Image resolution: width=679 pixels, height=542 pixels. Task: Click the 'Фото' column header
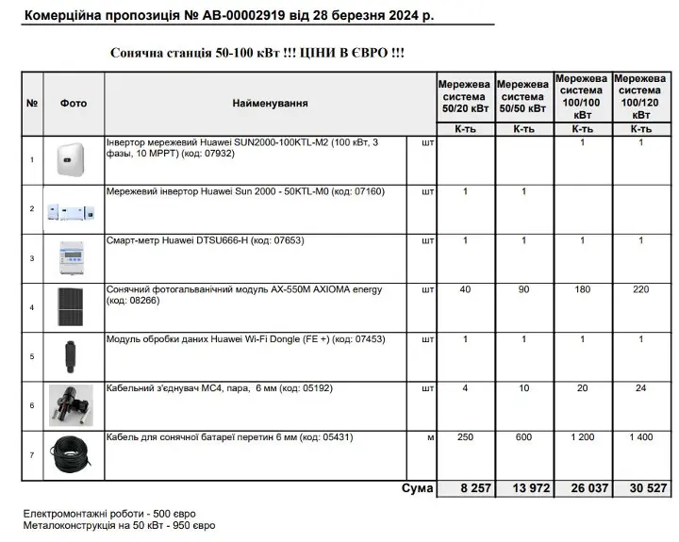point(74,103)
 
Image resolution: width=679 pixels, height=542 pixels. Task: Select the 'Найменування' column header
point(270,103)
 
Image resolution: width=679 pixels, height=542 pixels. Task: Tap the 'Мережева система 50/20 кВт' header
point(464,97)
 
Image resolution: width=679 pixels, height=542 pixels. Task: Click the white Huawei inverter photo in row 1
point(72,158)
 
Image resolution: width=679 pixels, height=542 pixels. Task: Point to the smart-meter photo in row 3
point(73,257)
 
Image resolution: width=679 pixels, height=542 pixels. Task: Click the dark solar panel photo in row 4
point(72,306)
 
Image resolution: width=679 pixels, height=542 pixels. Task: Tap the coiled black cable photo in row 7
point(73,455)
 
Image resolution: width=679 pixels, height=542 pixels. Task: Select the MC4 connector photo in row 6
point(72,404)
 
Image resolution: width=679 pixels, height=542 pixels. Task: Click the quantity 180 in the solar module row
point(583,290)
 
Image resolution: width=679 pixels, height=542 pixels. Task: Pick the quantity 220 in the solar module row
point(641,290)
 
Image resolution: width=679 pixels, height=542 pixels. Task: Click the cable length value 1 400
point(641,438)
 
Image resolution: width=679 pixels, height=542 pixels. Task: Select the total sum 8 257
point(465,488)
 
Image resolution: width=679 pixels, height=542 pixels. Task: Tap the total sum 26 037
point(583,488)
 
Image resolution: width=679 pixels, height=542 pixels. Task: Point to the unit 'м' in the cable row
point(429,438)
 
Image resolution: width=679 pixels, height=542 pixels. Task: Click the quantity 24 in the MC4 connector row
point(641,388)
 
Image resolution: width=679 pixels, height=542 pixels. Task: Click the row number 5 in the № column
point(32,356)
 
